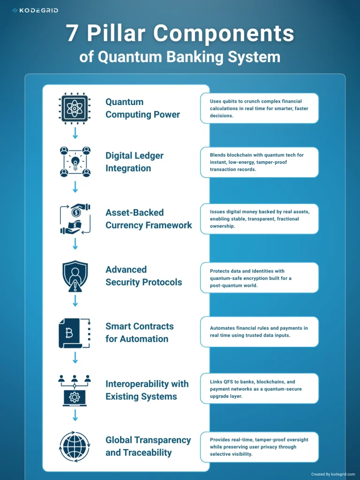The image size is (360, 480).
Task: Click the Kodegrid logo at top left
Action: click(x=35, y=10)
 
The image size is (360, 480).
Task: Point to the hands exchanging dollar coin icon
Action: click(x=75, y=218)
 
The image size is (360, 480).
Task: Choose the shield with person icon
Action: click(x=75, y=276)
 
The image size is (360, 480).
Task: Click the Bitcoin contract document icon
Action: click(x=75, y=333)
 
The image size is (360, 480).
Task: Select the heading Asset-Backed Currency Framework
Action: click(x=149, y=219)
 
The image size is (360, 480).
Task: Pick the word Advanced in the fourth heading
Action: click(x=126, y=270)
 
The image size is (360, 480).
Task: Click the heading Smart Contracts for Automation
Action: click(x=139, y=333)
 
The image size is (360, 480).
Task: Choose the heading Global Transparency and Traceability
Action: click(x=148, y=446)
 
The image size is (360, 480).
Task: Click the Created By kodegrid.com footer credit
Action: click(x=333, y=474)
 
